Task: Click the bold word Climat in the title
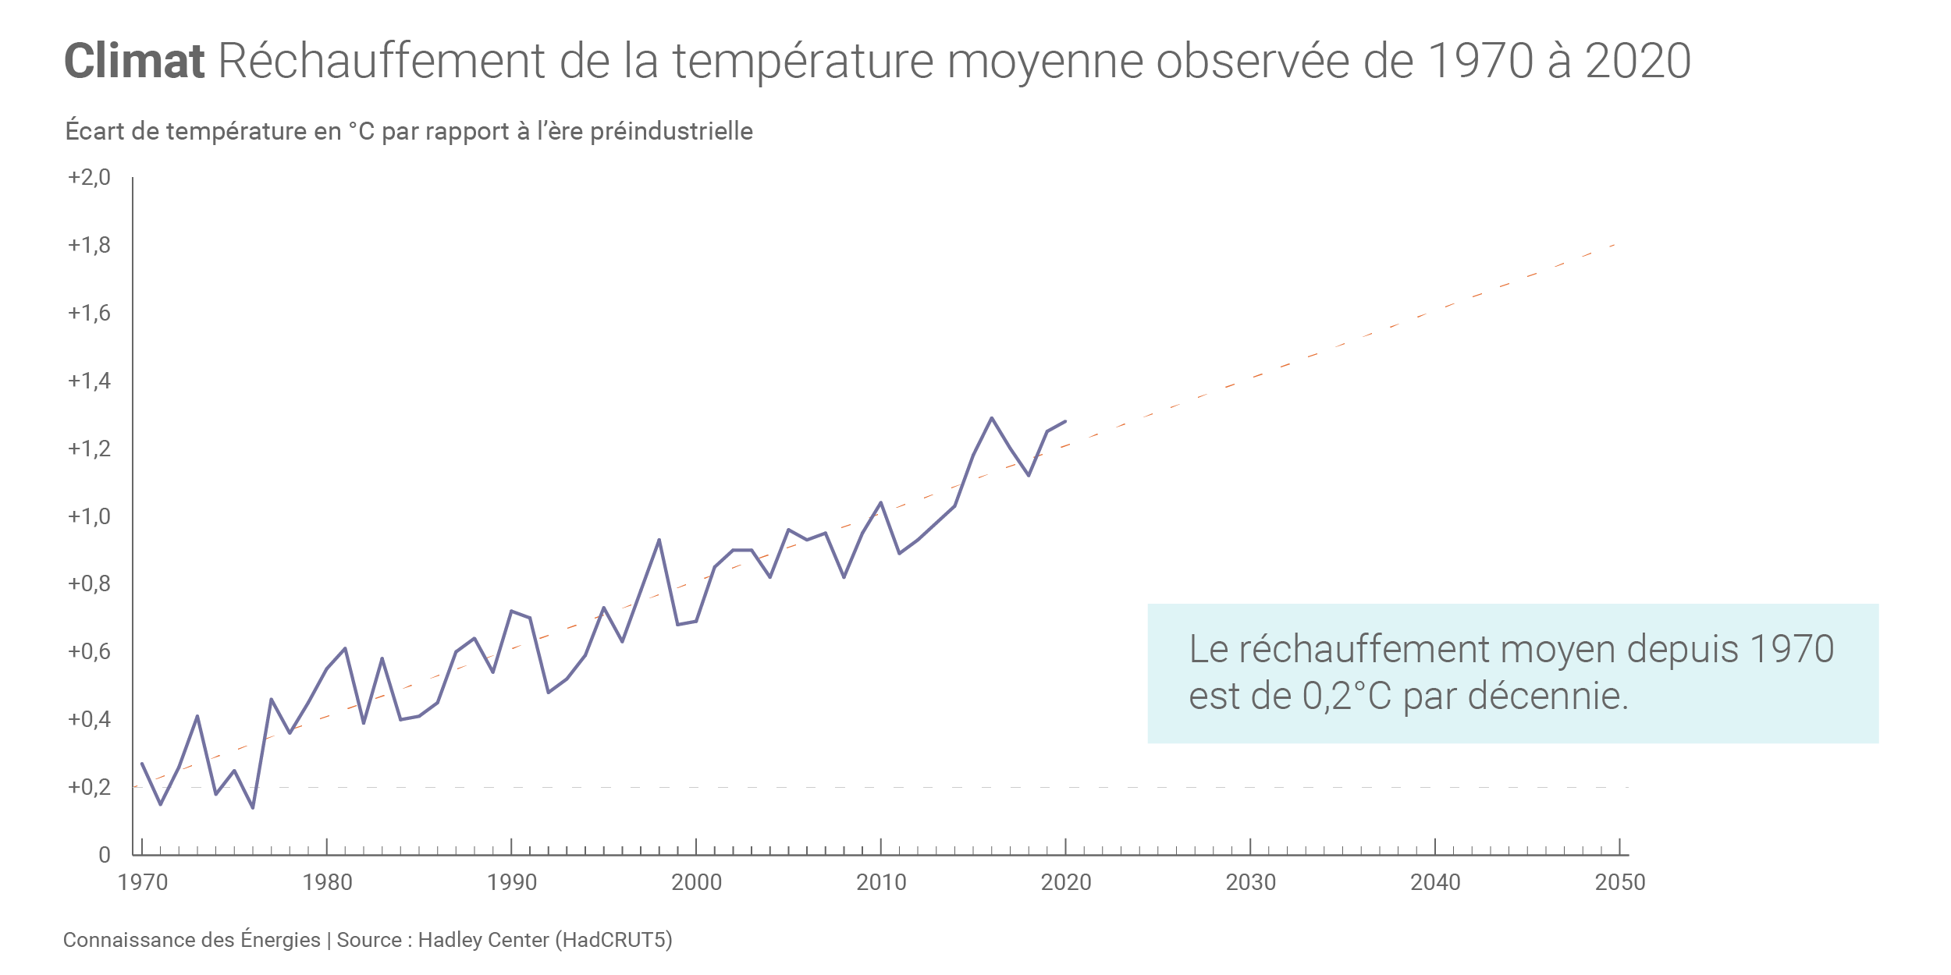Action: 133,61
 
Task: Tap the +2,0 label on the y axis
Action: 89,178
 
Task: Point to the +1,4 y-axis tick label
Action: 89,381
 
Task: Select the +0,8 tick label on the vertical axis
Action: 89,583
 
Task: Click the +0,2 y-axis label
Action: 89,787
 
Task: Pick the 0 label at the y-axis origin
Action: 105,855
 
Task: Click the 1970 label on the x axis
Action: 143,882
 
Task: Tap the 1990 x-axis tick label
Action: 512,882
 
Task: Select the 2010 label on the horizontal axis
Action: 881,882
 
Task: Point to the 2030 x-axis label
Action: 1250,882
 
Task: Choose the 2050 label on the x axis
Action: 1620,882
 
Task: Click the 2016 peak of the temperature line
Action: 992,418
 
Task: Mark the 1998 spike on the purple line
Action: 659,540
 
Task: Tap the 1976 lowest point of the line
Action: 253,807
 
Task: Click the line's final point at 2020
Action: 1065,421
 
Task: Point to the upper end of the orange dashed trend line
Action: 1614,245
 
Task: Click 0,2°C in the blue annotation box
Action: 1346,696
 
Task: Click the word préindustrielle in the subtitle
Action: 671,131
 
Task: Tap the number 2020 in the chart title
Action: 1638,61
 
